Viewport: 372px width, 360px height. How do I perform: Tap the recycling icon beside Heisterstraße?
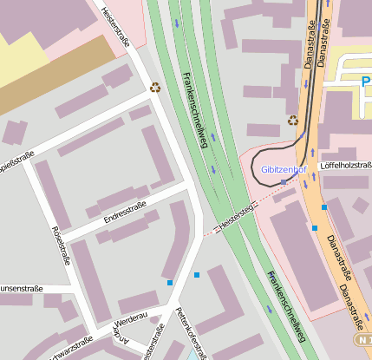(x=155, y=87)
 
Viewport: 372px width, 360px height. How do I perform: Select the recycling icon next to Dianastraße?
(x=293, y=121)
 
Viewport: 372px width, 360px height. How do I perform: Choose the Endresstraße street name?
(x=125, y=212)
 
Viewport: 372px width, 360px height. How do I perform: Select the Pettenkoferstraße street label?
(x=193, y=334)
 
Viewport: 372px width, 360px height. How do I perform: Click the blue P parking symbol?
(x=366, y=82)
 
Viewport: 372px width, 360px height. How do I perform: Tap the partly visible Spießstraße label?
(x=16, y=161)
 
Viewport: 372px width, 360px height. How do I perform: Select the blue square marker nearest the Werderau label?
(x=170, y=283)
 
